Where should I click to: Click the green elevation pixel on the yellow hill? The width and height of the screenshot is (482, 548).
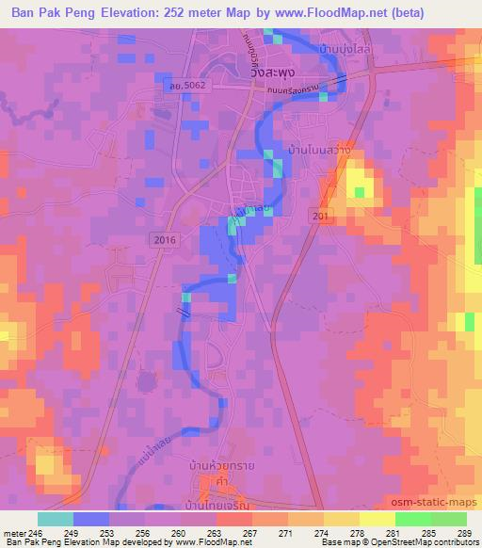(x=359, y=193)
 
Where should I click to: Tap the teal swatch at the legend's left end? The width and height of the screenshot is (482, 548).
(x=56, y=519)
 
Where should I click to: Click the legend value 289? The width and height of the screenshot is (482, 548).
(x=463, y=533)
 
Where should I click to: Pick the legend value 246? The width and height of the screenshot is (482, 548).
(x=37, y=533)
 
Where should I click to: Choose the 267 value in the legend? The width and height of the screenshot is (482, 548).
(x=250, y=533)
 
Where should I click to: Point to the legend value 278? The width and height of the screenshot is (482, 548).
(x=357, y=533)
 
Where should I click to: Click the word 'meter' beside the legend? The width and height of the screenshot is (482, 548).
(x=13, y=533)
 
